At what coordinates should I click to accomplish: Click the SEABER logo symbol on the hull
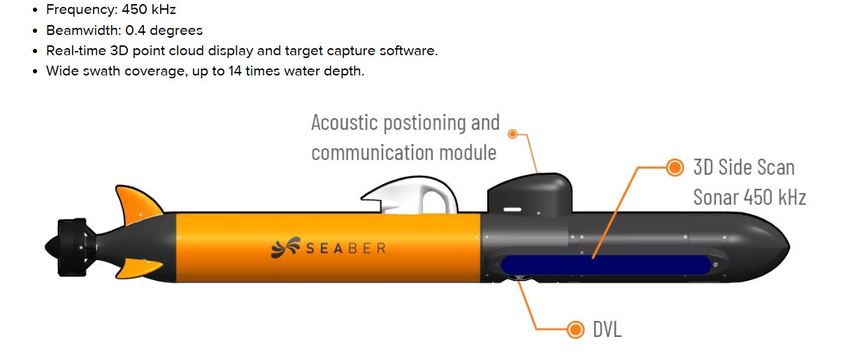coord(284,247)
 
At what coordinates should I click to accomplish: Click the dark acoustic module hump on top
coord(529,193)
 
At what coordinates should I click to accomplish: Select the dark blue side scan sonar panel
coord(606,265)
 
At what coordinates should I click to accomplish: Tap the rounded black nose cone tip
coord(779,246)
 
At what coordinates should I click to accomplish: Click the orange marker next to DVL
coord(576,329)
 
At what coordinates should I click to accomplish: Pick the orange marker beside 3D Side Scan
coord(674,168)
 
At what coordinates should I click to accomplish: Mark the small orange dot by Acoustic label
coord(513,133)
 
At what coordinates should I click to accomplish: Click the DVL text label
coord(607,329)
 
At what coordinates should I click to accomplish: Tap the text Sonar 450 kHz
coord(750,197)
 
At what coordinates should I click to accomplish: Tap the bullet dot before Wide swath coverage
coord(36,71)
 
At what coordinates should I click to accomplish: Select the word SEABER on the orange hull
coord(346,248)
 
